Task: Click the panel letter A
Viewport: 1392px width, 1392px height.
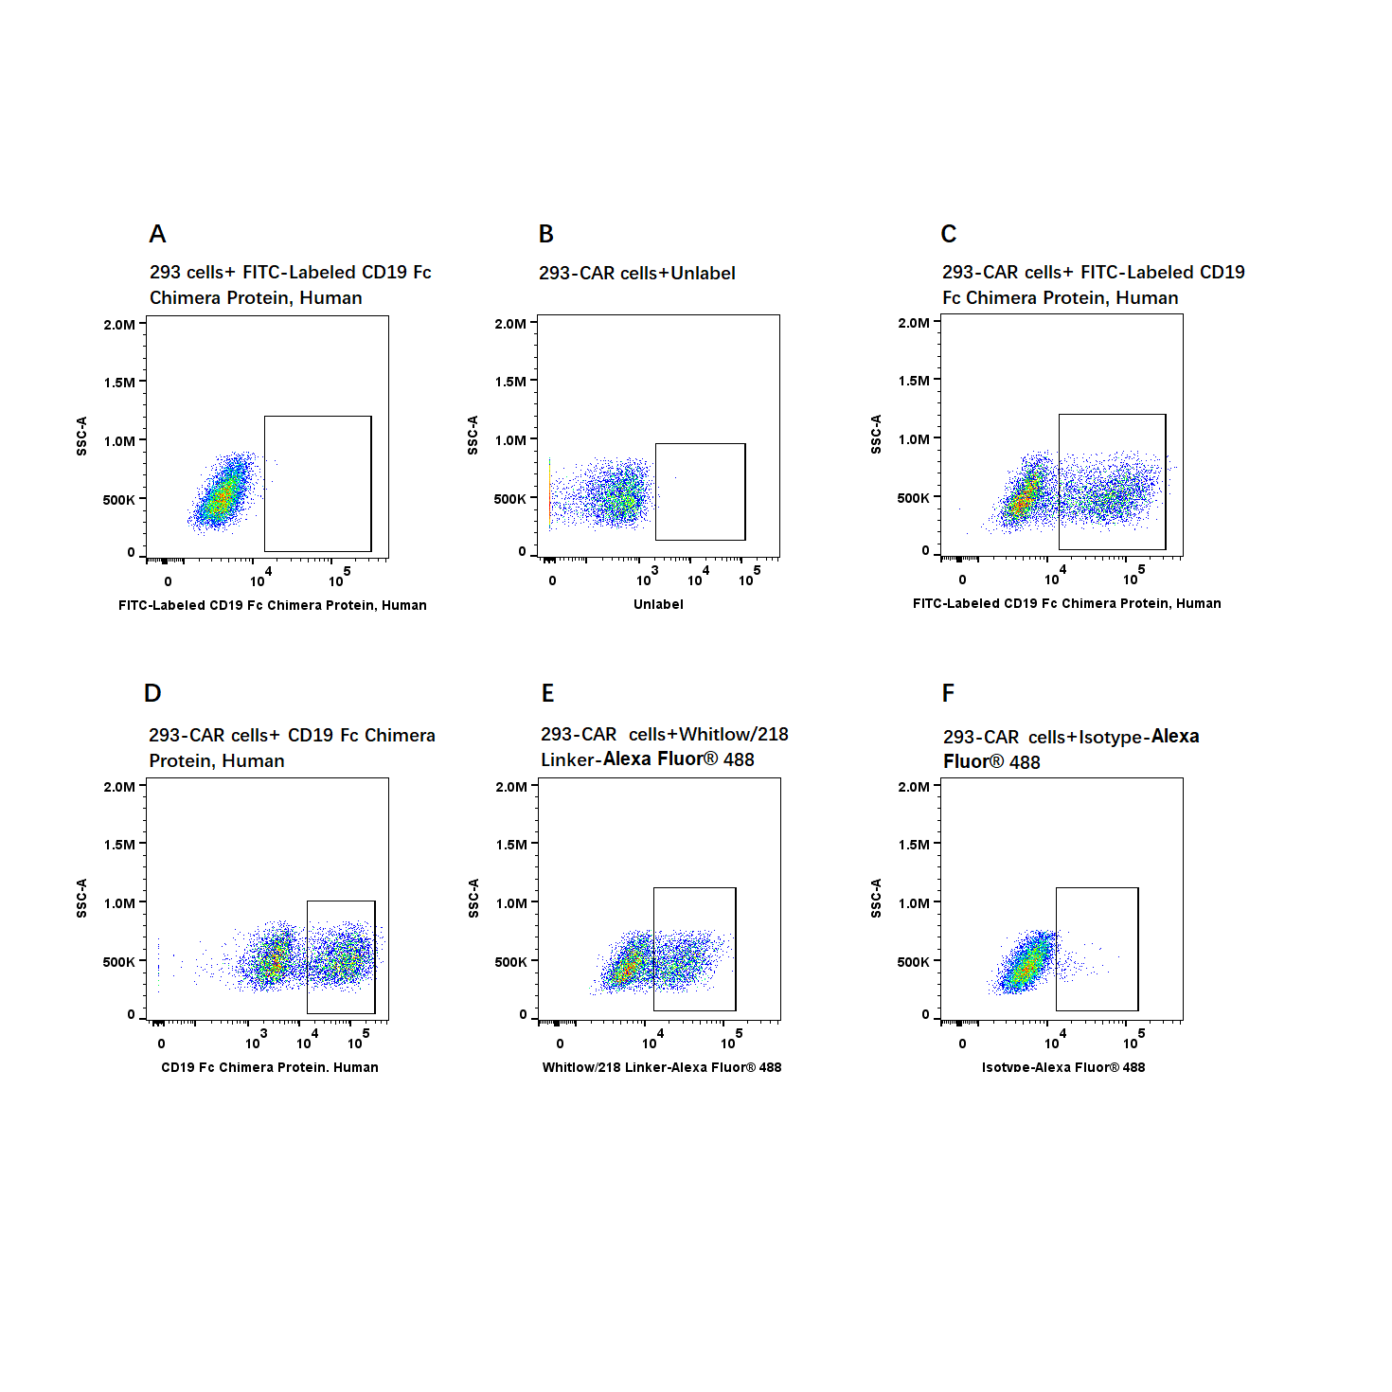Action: pos(157,234)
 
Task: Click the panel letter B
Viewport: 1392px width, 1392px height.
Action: pos(546,234)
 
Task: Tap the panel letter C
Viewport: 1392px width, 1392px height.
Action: pos(949,234)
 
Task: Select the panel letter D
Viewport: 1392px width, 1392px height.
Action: pos(152,693)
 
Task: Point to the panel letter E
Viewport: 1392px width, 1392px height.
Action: pos(547,693)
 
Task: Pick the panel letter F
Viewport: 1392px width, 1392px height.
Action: pos(948,693)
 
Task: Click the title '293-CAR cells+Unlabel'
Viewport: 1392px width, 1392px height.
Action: pos(636,273)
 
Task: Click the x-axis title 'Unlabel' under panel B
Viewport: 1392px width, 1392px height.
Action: pos(658,604)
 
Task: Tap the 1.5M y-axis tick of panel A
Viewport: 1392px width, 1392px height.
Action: pos(119,383)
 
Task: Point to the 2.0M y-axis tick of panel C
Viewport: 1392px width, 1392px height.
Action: pos(914,323)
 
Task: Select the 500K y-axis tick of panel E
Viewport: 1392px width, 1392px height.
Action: pos(510,962)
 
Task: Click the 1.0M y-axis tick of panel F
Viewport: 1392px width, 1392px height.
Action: pos(914,903)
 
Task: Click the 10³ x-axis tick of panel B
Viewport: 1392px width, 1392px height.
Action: pos(646,578)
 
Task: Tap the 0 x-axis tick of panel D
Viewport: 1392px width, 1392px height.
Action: pos(161,1044)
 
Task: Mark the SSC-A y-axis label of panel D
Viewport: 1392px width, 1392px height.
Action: pos(81,898)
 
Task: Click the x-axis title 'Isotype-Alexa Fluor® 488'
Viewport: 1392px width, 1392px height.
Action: pos(1062,1067)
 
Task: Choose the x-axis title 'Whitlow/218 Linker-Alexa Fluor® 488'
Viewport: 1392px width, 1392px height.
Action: pos(661,1067)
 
